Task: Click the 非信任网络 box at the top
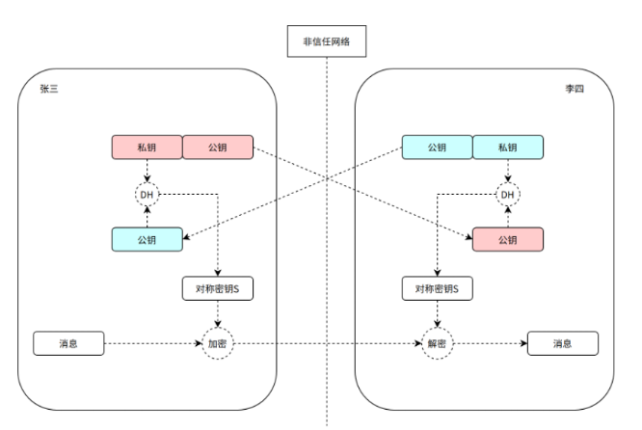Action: (x=327, y=40)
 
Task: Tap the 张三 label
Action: (x=49, y=89)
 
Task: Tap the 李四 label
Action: (x=575, y=89)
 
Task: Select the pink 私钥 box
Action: (x=147, y=147)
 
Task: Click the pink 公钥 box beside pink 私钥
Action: (x=218, y=147)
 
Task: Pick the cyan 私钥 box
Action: (x=508, y=147)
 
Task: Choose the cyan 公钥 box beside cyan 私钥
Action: (x=438, y=147)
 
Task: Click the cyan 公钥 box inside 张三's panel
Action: (x=147, y=239)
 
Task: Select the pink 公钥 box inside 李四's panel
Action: (x=508, y=239)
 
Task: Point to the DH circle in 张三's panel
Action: (x=147, y=195)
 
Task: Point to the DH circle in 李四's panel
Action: (x=508, y=195)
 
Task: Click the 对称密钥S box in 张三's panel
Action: (x=218, y=288)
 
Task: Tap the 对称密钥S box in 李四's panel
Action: (x=438, y=288)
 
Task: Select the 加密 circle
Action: (x=218, y=343)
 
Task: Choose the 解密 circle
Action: (x=438, y=343)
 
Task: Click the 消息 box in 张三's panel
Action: (x=68, y=343)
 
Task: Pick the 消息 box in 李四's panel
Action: (x=563, y=343)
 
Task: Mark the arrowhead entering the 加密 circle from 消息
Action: (x=199, y=343)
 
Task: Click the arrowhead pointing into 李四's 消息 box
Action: (x=524, y=343)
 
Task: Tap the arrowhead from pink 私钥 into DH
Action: (x=147, y=179)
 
